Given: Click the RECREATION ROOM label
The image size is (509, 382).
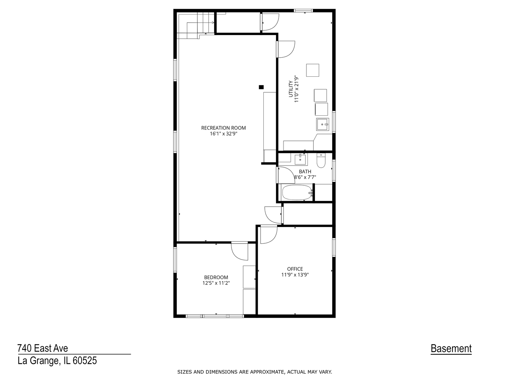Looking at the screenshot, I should coord(223,128).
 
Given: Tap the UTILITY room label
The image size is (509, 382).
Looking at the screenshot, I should coord(291,89).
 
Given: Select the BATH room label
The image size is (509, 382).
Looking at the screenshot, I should coord(305,172).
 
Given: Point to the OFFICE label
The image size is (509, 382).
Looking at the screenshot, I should coord(295,269).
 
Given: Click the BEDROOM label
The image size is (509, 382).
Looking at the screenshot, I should coord(216,277).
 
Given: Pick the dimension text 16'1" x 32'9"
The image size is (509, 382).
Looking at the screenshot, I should coord(223,134).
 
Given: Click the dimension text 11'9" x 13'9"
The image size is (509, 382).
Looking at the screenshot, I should coord(295,274).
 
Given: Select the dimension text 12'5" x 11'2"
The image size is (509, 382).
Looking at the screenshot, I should coord(216,283).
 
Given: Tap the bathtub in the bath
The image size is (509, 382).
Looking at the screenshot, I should coord(297,192).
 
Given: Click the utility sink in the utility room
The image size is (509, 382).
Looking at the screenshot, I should coord(322,124).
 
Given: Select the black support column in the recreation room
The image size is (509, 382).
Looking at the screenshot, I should coord(261,87).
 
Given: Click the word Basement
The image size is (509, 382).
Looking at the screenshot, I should coord(451,349).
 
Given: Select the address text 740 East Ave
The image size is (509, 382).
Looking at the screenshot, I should coord(43,348).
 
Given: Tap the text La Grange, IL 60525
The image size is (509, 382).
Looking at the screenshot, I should coord(57,361).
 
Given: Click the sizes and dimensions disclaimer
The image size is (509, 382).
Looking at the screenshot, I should coord(255,372).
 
